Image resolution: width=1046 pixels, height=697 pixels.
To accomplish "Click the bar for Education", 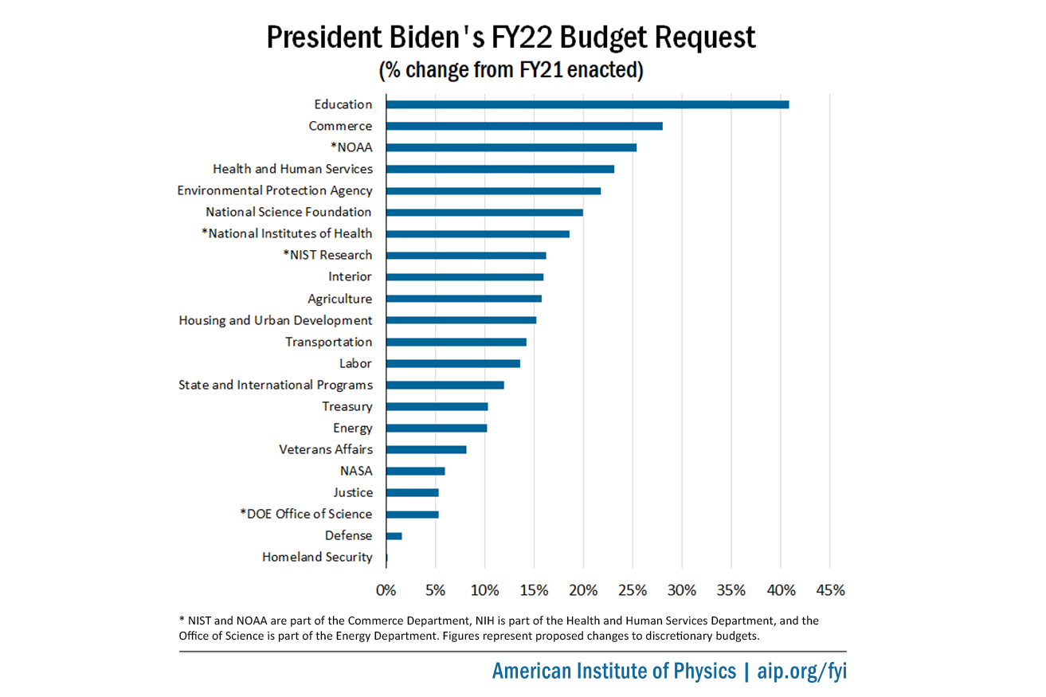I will (x=587, y=104).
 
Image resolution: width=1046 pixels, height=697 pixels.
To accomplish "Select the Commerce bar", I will (x=524, y=126).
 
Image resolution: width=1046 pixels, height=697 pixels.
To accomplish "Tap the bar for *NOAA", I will (x=511, y=147).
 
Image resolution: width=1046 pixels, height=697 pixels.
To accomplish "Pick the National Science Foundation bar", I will (x=484, y=212).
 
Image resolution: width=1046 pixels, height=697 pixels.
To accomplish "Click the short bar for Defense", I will (x=394, y=536).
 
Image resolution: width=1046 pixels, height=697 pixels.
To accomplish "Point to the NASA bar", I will (x=415, y=471).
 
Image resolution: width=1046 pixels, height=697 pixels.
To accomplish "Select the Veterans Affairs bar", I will (x=426, y=449).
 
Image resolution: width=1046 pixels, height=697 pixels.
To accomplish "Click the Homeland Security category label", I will (x=317, y=557).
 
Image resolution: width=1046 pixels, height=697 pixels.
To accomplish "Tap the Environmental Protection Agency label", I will (x=274, y=190).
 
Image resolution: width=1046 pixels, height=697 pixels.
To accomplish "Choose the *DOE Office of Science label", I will (x=306, y=514).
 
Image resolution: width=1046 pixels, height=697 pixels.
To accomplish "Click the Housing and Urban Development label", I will (x=275, y=320).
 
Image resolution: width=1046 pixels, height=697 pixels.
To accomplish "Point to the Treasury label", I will (x=347, y=406).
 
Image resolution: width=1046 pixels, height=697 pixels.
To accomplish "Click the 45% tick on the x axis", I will (x=830, y=590).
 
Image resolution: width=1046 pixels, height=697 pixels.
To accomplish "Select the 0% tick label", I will (x=386, y=590).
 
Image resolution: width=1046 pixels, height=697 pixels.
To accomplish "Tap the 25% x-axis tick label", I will (x=633, y=590).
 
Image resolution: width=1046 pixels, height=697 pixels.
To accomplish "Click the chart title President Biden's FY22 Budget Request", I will (x=510, y=38).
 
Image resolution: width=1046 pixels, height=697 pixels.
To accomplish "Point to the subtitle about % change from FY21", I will (x=510, y=70).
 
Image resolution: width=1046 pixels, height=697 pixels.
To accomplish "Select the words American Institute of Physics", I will (x=614, y=671).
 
